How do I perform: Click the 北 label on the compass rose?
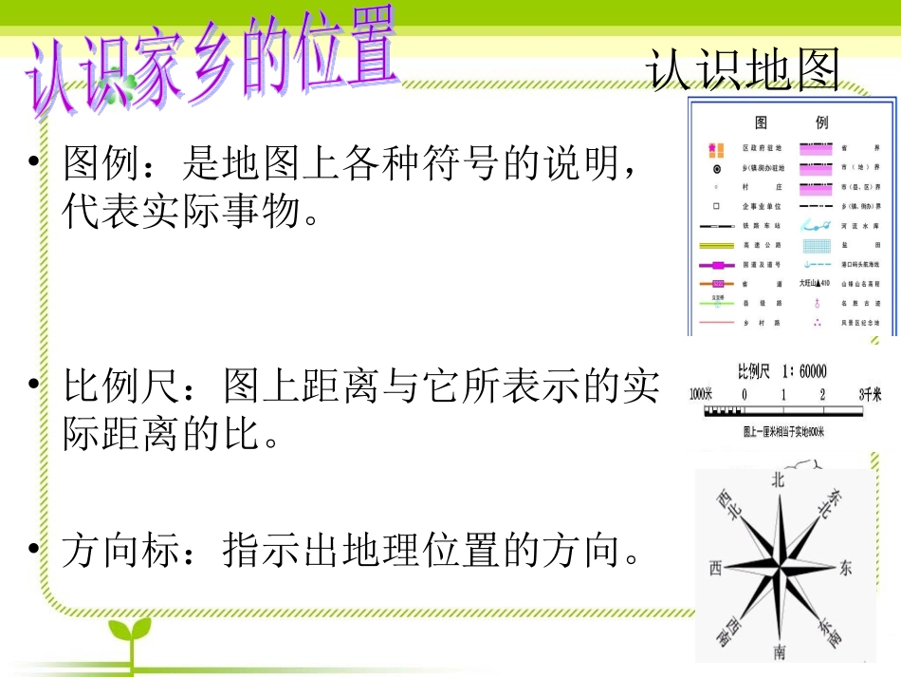coord(778,480)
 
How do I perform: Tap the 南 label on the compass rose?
coord(779,652)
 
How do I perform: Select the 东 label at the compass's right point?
coord(845,568)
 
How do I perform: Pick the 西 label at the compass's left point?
coord(715,568)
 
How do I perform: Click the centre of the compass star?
coord(780,567)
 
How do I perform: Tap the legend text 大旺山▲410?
coord(814,283)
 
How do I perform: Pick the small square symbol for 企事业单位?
coord(715,205)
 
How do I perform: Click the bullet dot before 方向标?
coord(36,550)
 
